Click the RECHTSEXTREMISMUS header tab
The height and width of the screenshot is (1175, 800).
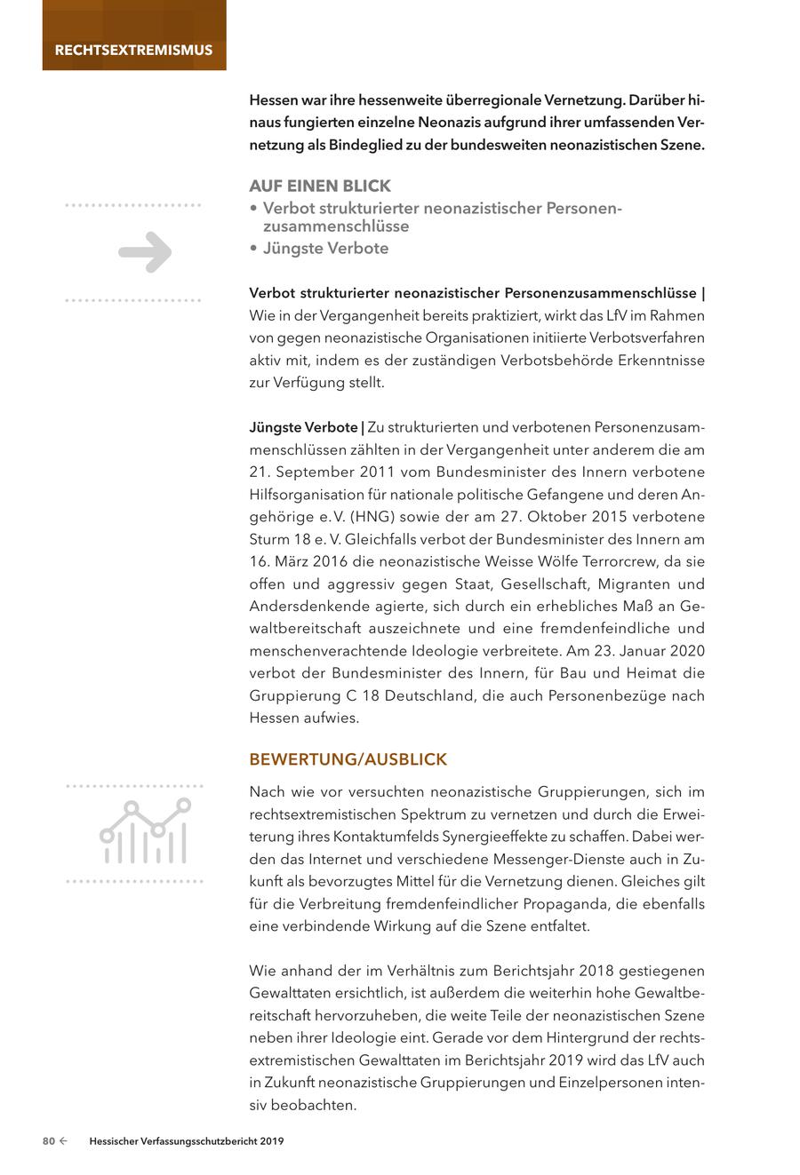pyautogui.click(x=133, y=50)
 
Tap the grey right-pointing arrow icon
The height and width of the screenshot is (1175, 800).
pyautogui.click(x=145, y=251)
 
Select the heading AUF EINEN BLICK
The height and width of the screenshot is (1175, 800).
pyautogui.click(x=320, y=186)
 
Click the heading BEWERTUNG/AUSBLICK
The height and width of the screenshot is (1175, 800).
pyautogui.click(x=348, y=760)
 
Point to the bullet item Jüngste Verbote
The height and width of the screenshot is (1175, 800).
pyautogui.click(x=325, y=249)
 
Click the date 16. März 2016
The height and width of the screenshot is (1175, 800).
pyautogui.click(x=299, y=561)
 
